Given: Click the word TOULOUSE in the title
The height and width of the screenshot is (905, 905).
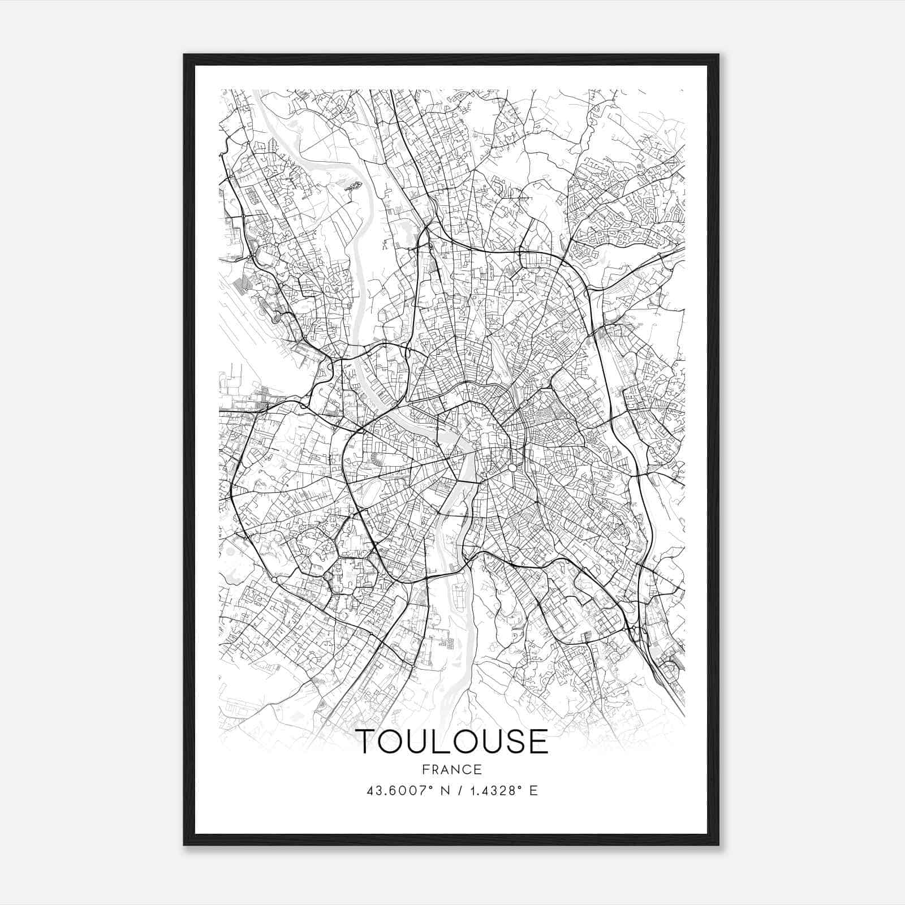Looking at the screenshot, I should pos(453,742).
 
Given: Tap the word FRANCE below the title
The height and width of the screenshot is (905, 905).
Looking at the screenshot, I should pos(453,769).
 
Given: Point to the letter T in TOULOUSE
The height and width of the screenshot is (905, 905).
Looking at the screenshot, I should pos(368,742).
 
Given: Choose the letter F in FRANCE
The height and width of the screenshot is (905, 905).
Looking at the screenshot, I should pos(426,769).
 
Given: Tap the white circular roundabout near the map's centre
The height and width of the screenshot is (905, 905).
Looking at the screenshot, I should pos(511,468).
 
